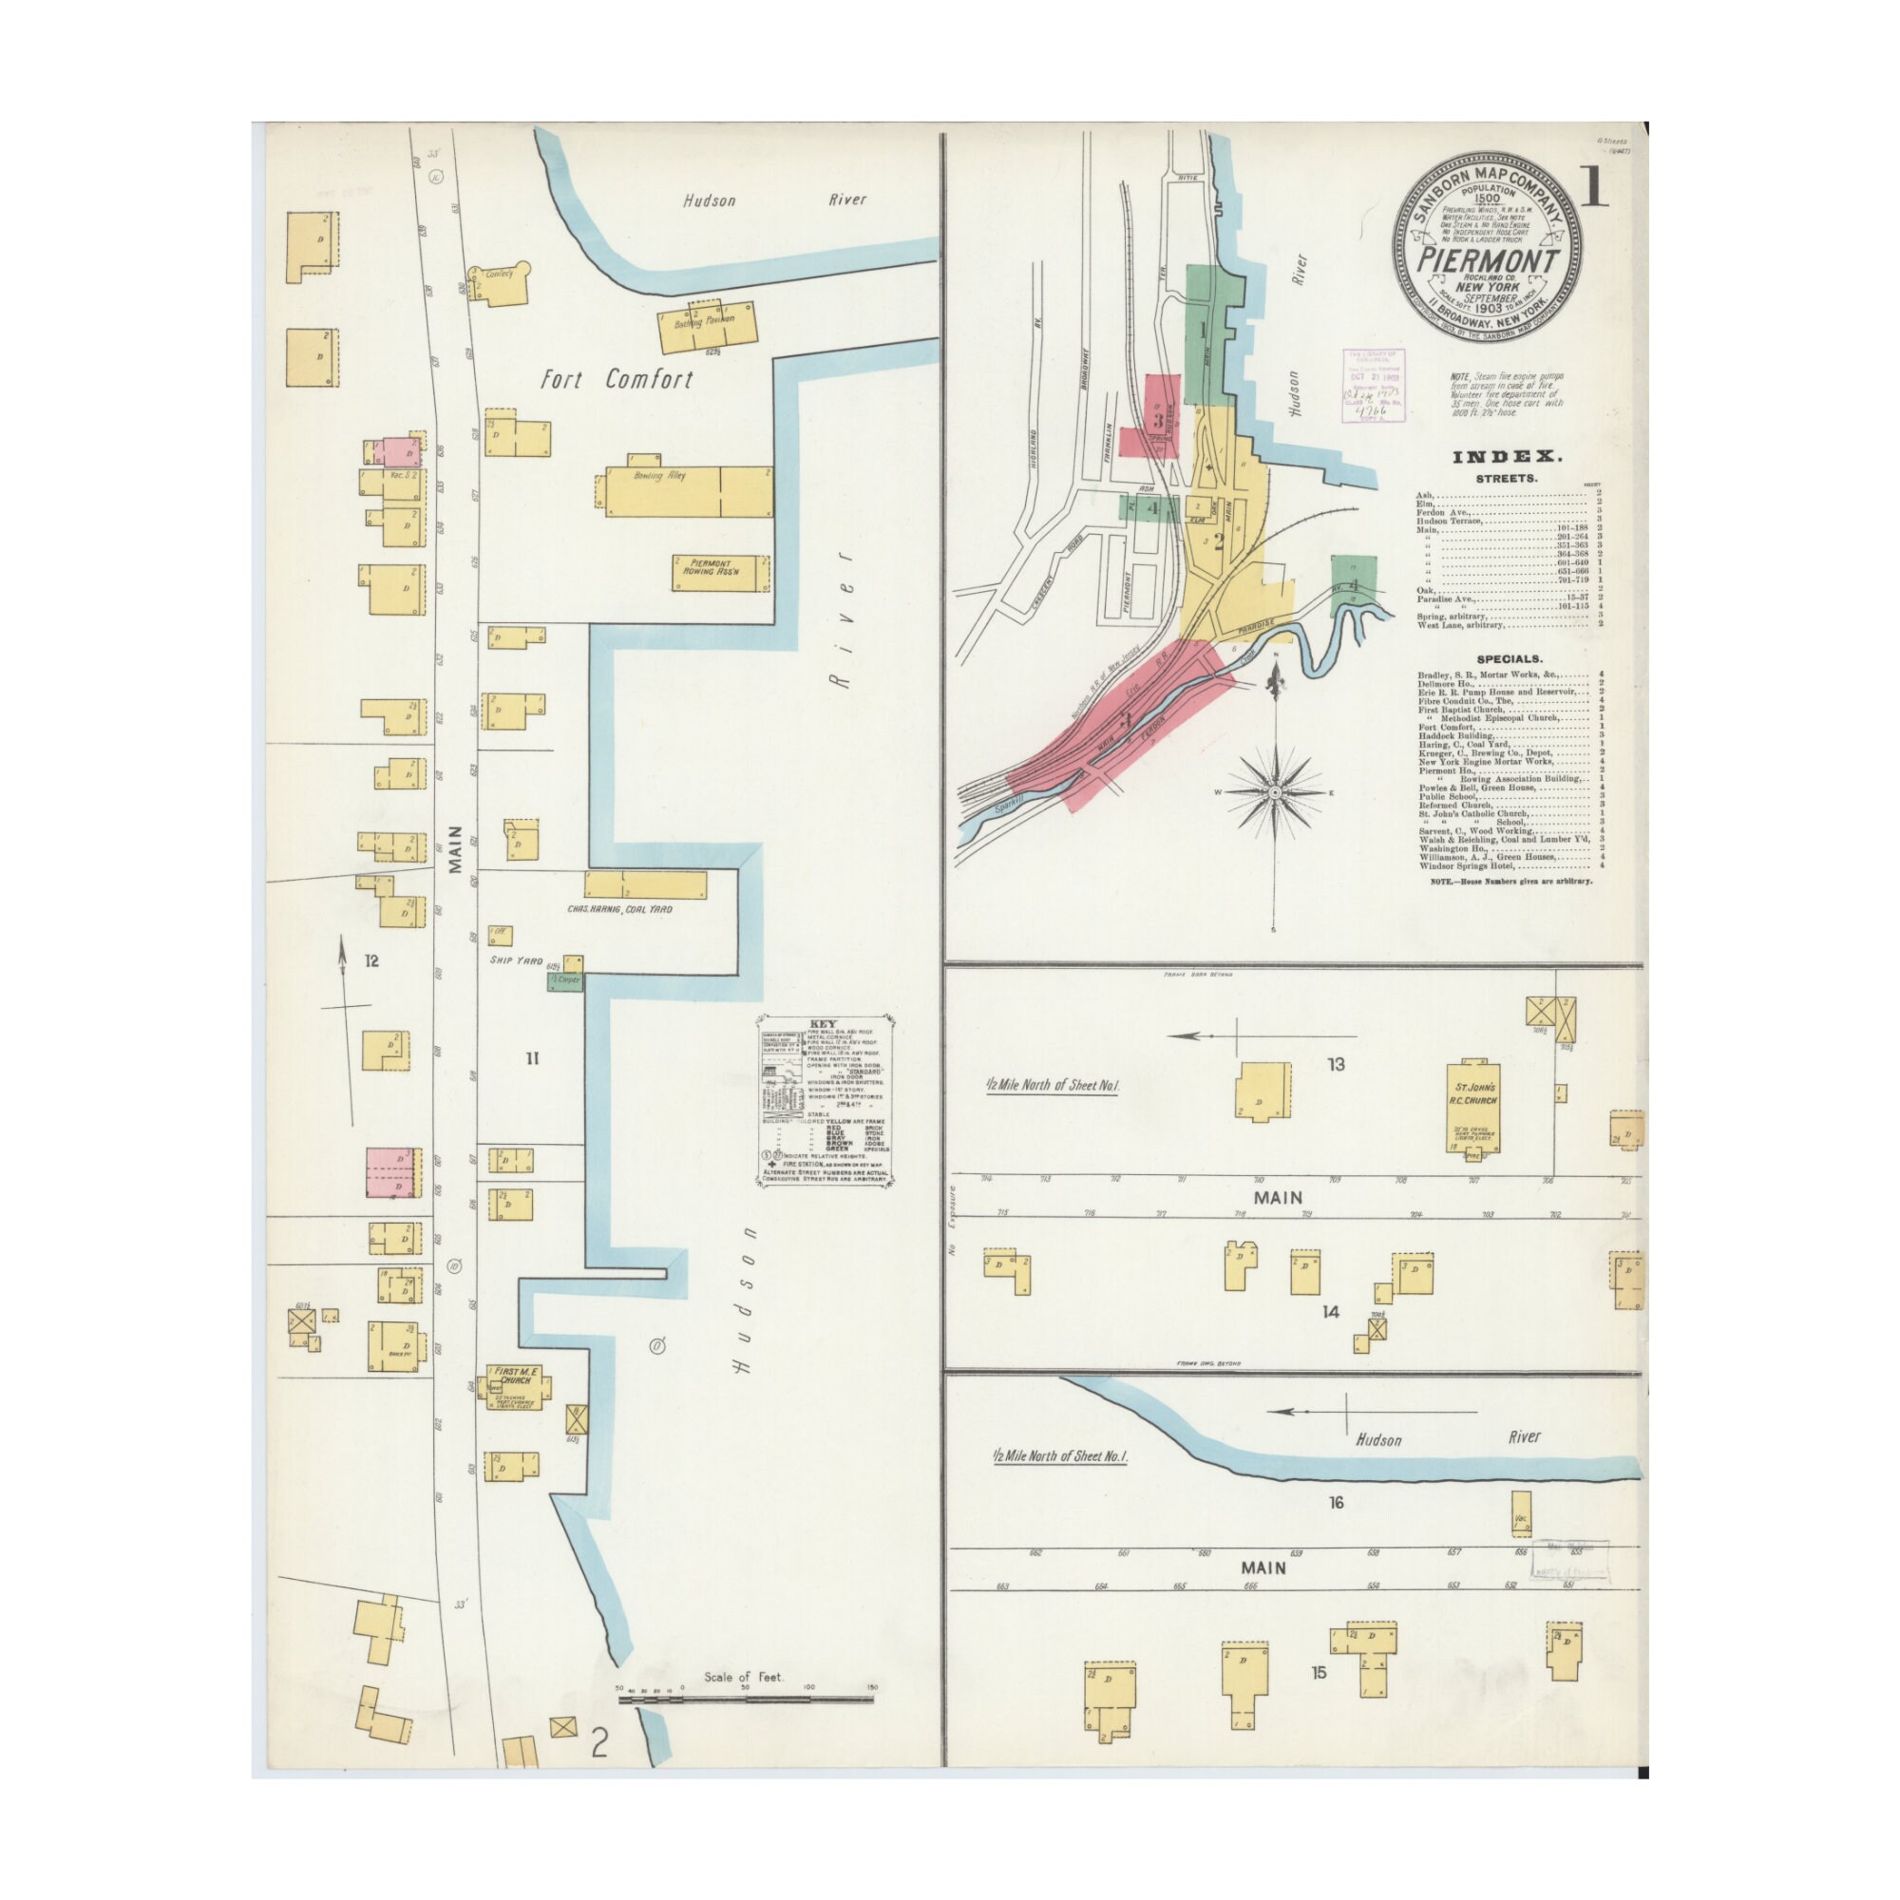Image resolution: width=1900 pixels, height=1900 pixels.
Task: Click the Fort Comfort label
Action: click(x=617, y=380)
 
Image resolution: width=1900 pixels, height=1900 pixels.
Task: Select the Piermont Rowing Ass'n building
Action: click(x=720, y=572)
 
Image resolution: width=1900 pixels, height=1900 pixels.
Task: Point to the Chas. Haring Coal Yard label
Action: click(x=619, y=910)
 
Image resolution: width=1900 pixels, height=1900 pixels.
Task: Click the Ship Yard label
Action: click(x=516, y=959)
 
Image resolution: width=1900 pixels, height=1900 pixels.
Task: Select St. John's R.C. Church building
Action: click(x=1472, y=1107)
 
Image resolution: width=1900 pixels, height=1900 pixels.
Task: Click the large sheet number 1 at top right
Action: click(x=1592, y=188)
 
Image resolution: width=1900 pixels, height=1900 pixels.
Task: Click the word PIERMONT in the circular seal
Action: click(x=1487, y=261)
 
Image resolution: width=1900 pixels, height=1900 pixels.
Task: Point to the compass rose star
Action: click(x=1275, y=791)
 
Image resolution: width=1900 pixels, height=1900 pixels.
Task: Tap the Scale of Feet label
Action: click(x=743, y=1678)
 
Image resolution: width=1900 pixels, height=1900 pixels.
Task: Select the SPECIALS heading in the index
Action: click(x=1509, y=659)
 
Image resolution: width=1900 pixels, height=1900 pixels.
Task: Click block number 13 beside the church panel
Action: click(x=1336, y=1064)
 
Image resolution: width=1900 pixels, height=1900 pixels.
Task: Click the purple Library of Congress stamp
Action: click(x=1373, y=385)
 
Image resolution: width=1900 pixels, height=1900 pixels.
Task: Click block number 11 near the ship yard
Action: click(x=532, y=1058)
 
